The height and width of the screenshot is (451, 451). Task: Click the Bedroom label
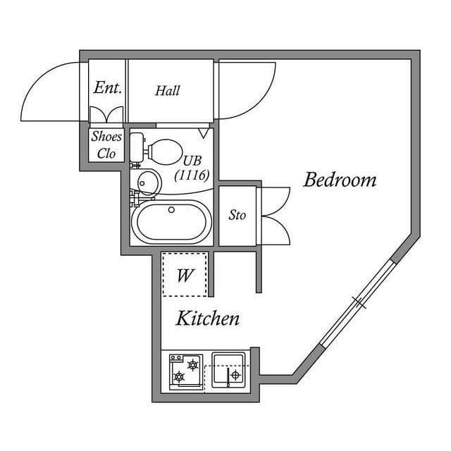pyautogui.click(x=340, y=180)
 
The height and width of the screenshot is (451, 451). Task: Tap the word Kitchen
pyautogui.click(x=207, y=319)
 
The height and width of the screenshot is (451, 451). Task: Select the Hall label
pyautogui.click(x=168, y=90)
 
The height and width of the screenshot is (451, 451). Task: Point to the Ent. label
pyautogui.click(x=108, y=88)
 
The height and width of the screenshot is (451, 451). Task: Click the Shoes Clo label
pyautogui.click(x=106, y=145)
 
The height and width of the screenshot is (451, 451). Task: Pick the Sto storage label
pyautogui.click(x=237, y=215)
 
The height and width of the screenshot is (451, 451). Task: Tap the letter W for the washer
pyautogui.click(x=185, y=275)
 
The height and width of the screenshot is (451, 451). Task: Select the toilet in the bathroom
pyautogui.click(x=159, y=149)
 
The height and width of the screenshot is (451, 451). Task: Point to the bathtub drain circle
pyautogui.click(x=171, y=209)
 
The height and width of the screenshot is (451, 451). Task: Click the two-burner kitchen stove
pyautogui.click(x=185, y=371)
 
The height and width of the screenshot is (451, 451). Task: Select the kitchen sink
pyautogui.click(x=228, y=370)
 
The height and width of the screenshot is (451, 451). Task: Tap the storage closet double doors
pyautogui.click(x=275, y=215)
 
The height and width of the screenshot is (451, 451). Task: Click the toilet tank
pyautogui.click(x=137, y=149)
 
